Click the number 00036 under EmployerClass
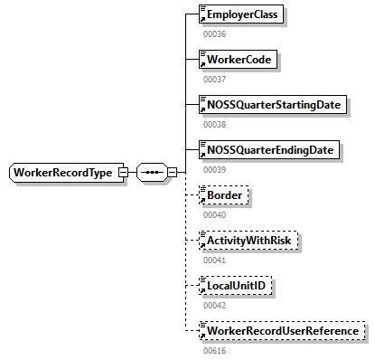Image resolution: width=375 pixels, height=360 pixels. click(x=214, y=34)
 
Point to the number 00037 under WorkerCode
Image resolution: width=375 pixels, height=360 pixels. click(x=214, y=80)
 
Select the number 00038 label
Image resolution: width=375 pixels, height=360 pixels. click(x=214, y=124)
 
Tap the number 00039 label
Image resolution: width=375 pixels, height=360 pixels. click(x=214, y=169)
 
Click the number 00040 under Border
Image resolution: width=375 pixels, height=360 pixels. click(x=214, y=214)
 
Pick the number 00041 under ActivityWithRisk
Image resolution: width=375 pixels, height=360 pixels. click(x=214, y=260)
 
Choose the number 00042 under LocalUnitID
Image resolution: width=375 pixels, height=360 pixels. click(x=214, y=305)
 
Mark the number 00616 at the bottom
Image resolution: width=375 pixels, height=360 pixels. click(x=214, y=350)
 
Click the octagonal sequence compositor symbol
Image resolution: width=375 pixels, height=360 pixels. click(x=150, y=172)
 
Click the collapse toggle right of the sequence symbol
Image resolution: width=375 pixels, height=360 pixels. click(x=171, y=172)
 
